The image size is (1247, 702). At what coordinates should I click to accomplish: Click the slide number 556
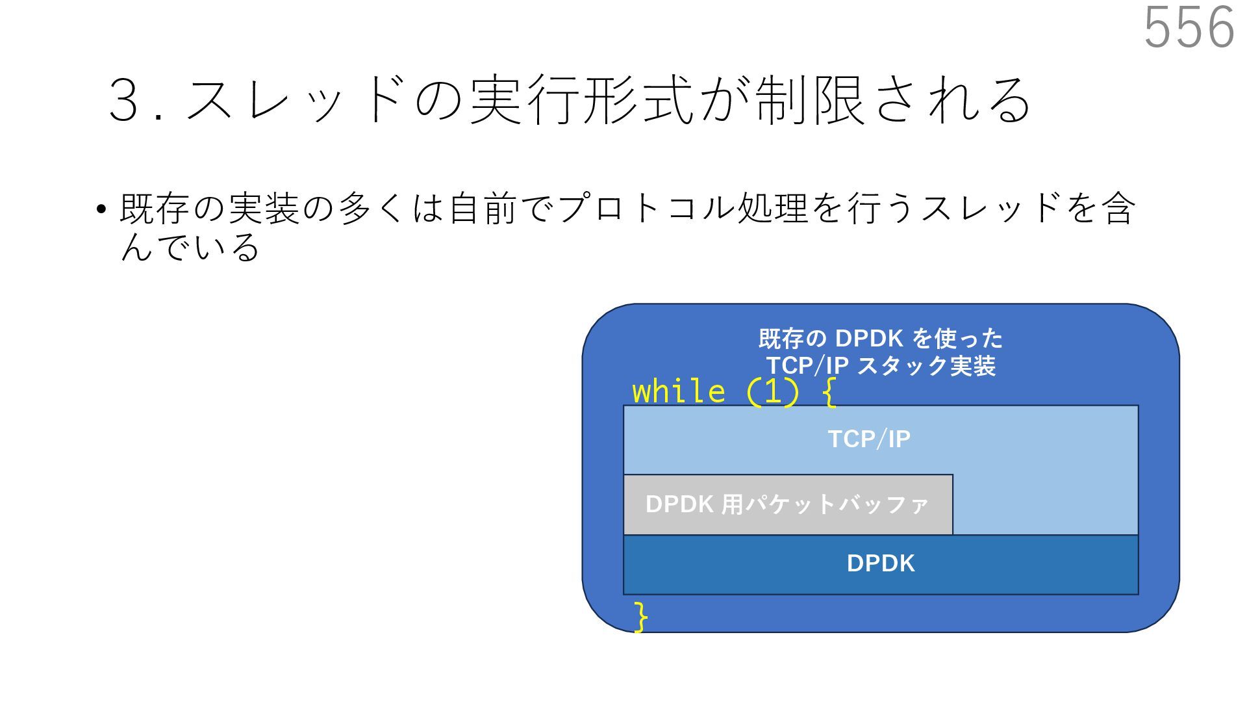[x=1189, y=27]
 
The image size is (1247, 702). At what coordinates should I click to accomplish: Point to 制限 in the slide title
[x=809, y=101]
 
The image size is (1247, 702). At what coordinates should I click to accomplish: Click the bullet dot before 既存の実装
[x=101, y=210]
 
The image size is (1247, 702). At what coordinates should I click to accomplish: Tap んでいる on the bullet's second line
[x=190, y=247]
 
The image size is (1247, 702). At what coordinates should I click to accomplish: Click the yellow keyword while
[x=678, y=392]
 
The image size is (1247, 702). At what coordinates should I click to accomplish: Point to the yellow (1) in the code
[x=772, y=392]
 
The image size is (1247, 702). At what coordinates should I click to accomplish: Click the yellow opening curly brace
[x=828, y=392]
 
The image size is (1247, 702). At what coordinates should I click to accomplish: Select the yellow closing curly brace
[x=641, y=616]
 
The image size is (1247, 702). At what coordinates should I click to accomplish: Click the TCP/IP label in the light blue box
[x=869, y=439]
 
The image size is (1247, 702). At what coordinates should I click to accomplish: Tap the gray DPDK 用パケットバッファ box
[x=787, y=504]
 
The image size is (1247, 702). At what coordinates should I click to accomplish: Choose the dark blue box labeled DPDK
[x=880, y=564]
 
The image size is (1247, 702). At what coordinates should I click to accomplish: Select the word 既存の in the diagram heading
[x=792, y=339]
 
